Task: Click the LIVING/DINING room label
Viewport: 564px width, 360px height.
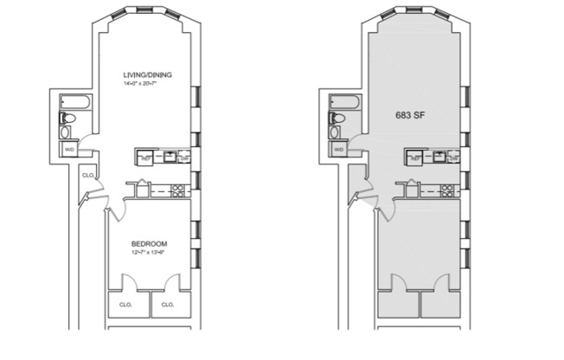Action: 147,75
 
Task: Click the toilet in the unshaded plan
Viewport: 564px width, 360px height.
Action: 67,119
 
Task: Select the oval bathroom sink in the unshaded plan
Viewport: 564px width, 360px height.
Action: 67,133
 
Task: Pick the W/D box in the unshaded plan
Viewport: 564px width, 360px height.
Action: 69,150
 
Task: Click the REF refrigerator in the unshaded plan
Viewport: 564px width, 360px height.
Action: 146,158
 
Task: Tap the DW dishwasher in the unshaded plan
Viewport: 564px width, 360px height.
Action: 183,158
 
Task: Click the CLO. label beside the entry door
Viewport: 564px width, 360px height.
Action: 88,175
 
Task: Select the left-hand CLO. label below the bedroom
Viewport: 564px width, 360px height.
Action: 127,305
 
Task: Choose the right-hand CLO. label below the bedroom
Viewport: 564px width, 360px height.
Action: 168,305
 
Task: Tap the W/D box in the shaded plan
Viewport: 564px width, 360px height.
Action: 339,150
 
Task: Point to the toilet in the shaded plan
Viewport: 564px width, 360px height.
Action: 336,119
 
